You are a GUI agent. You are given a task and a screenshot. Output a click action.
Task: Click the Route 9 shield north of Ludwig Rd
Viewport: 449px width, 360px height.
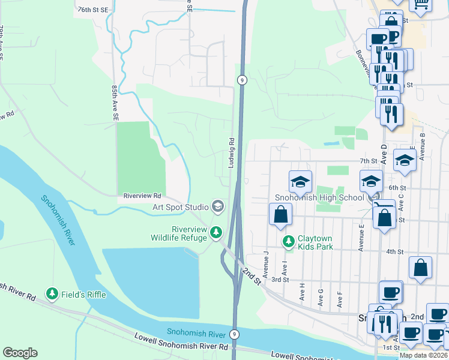tap(241, 80)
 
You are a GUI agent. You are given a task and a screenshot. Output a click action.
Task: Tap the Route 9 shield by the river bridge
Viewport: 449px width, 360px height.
tap(235, 334)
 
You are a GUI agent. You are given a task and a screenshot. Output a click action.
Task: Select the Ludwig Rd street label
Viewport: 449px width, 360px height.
tap(231, 152)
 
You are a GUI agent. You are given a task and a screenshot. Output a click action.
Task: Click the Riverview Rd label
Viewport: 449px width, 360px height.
tap(142, 196)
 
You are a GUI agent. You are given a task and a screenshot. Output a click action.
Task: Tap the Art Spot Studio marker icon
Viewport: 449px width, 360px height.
tap(217, 207)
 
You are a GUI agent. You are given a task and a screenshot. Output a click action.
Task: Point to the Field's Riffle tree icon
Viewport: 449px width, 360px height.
tap(53, 293)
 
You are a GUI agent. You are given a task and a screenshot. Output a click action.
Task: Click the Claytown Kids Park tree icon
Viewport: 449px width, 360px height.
tap(289, 241)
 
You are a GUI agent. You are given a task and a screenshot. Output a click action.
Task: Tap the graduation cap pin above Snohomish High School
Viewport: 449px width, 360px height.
tap(300, 181)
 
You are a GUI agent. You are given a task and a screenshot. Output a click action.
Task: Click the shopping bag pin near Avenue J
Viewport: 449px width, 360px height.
tap(280, 214)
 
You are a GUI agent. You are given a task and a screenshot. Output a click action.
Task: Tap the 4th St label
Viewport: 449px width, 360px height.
tap(394, 251)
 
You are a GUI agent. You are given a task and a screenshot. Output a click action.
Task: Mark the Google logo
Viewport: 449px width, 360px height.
tap(20, 353)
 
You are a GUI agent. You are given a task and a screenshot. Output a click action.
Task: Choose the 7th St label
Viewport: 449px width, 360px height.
tap(368, 161)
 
